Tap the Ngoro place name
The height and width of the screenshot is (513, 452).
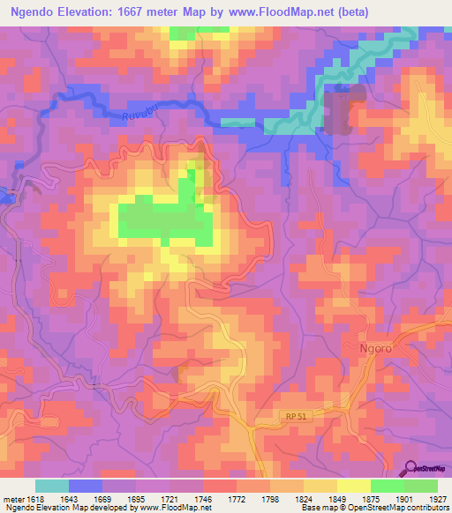(376, 347)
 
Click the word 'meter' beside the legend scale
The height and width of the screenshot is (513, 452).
(11, 498)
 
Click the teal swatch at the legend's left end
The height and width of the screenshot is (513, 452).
(52, 486)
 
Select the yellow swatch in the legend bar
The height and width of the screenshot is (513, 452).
(353, 486)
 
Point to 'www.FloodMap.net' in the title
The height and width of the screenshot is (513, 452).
(277, 11)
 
